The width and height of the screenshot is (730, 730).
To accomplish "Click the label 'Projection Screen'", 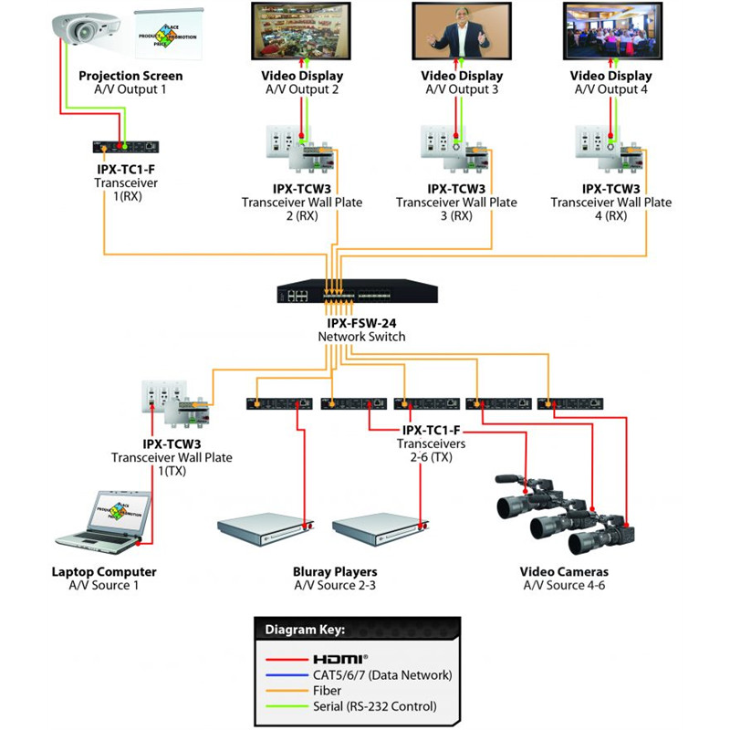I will click(130, 76).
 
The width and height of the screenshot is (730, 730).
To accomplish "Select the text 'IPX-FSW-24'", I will click(361, 323).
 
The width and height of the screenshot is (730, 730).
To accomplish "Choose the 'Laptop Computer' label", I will click(104, 572).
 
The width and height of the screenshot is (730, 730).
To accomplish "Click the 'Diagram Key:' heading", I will click(306, 630).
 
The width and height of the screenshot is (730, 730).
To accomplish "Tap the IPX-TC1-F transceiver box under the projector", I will click(126, 146).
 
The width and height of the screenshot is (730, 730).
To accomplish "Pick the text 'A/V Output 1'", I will click(130, 89).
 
